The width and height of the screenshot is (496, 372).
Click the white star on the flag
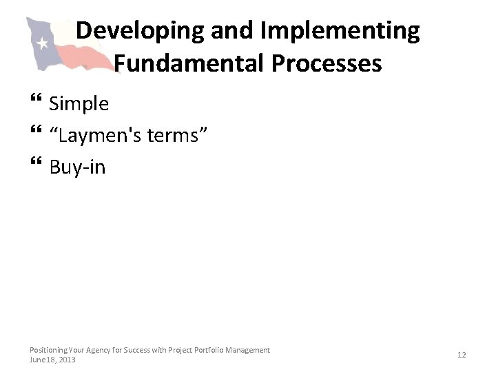(42, 44)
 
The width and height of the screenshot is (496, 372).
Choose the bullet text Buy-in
(78, 167)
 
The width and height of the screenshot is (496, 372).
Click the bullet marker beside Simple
(36, 104)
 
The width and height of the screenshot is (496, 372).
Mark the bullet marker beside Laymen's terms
(36, 135)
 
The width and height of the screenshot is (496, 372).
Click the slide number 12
(462, 355)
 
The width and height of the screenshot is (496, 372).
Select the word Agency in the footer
(97, 350)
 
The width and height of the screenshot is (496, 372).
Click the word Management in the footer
(249, 350)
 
